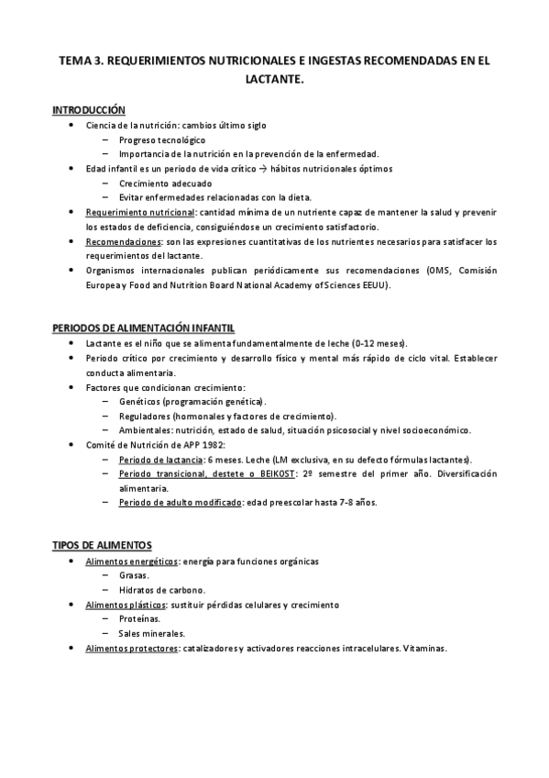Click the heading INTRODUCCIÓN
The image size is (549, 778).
(88, 110)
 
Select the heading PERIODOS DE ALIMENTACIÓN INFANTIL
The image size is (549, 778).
(142, 327)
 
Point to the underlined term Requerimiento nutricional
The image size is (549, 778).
(147, 212)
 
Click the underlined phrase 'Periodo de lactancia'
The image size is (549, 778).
(161, 460)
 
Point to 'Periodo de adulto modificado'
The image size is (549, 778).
(180, 504)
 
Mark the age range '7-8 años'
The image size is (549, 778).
(357, 504)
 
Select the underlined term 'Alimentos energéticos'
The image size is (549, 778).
(131, 561)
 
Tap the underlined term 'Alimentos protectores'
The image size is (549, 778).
(130, 649)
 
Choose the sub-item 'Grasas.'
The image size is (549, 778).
(135, 575)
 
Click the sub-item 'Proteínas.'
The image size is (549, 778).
(139, 619)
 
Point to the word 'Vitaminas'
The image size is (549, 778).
(424, 649)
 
